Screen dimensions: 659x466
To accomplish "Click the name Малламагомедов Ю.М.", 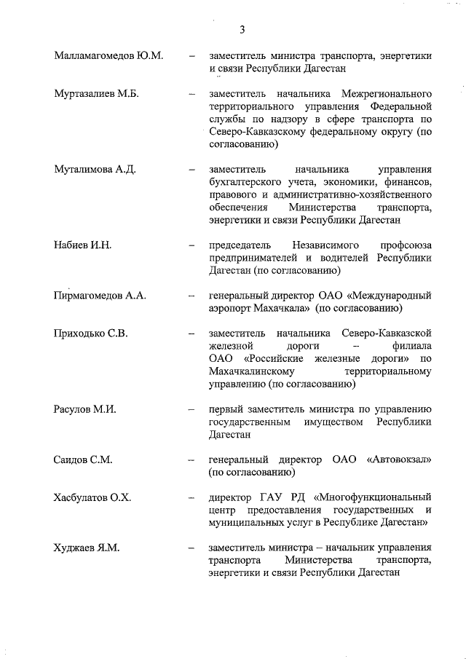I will pyautogui.click(x=108, y=55).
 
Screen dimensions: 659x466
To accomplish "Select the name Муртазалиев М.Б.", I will pyautogui.click(x=96, y=95).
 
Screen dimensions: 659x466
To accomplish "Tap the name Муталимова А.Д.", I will pyautogui.click(x=95, y=169).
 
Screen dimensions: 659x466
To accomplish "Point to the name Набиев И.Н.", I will pyautogui.click(x=82, y=245).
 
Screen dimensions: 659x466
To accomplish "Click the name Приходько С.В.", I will pyautogui.click(x=91, y=334).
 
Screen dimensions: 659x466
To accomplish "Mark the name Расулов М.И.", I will pyautogui.click(x=85, y=410).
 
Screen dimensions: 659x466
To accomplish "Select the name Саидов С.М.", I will pyautogui.click(x=82, y=460).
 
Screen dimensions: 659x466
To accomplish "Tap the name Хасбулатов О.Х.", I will pyautogui.click(x=92, y=498).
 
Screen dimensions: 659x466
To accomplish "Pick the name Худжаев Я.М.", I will pyautogui.click(x=86, y=548).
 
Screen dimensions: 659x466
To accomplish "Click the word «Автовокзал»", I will pyautogui.click(x=399, y=460).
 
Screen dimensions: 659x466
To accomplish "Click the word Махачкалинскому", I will pyautogui.click(x=256, y=371).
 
